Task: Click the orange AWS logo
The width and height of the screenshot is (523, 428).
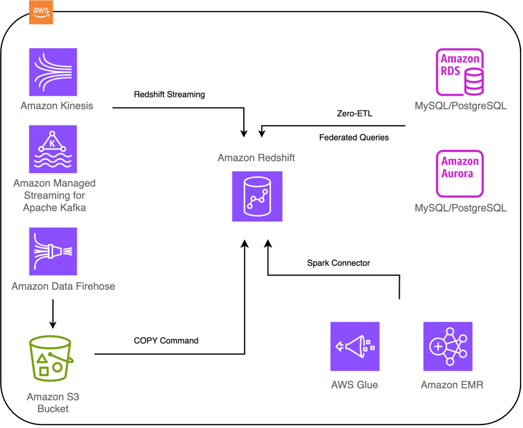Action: (41, 13)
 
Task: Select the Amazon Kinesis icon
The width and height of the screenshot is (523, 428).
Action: (53, 72)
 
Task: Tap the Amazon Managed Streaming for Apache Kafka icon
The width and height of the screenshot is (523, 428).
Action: (53, 149)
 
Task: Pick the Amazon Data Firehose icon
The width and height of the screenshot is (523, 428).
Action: (53, 251)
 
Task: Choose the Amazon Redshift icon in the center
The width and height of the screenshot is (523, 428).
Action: (257, 196)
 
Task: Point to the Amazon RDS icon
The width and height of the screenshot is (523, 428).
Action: (459, 72)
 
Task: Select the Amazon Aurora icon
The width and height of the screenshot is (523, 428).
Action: (459, 174)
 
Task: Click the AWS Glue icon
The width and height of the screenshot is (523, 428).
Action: (355, 346)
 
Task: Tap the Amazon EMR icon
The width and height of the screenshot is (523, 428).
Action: (447, 346)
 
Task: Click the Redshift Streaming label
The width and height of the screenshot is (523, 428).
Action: (169, 95)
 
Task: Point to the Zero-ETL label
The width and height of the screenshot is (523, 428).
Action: (355, 114)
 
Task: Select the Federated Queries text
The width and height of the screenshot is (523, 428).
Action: (354, 137)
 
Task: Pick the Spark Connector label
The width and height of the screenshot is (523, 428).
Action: (338, 263)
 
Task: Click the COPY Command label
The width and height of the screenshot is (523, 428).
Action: (166, 341)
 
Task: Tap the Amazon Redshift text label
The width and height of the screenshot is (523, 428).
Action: (256, 158)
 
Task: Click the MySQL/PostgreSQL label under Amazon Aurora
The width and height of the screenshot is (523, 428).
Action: (460, 208)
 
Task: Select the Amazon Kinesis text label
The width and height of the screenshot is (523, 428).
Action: (57, 106)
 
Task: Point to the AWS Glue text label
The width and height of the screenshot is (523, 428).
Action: (355, 385)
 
